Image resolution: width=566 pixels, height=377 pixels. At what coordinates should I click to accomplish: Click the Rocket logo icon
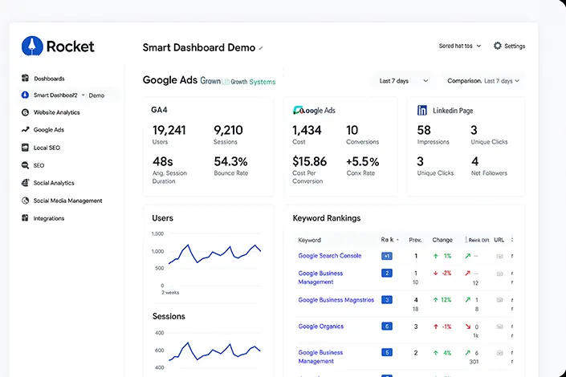click(31, 46)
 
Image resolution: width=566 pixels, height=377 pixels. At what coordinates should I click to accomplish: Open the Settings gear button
click(498, 46)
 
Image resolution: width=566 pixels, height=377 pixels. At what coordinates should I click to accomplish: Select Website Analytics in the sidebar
click(56, 112)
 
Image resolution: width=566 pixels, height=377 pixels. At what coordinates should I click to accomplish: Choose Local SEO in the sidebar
click(47, 148)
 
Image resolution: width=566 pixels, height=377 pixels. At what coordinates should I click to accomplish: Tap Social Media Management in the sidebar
click(67, 201)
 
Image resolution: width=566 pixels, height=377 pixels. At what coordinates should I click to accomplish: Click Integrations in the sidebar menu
click(49, 218)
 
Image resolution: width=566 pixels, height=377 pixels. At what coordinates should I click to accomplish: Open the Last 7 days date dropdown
click(399, 81)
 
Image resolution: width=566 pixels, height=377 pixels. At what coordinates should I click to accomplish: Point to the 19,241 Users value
click(169, 130)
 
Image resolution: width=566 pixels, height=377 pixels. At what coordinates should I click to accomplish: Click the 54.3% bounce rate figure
click(230, 161)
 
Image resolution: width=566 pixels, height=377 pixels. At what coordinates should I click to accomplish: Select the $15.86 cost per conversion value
click(309, 161)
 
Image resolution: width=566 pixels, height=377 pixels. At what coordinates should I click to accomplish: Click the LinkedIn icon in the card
click(422, 110)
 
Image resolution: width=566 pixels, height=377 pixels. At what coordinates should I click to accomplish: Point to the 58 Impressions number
click(424, 130)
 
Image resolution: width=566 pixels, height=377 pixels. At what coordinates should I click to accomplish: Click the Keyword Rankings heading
click(326, 218)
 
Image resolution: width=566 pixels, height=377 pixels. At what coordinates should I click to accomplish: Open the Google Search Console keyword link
click(329, 256)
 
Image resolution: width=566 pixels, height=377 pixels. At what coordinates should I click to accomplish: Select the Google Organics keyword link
click(320, 326)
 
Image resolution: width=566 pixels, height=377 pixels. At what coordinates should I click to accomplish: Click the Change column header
click(442, 240)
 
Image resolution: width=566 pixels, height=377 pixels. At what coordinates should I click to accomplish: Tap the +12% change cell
click(442, 300)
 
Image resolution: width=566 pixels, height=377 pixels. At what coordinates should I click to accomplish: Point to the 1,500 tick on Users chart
click(157, 233)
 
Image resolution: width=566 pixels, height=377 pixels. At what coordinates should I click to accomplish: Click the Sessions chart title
click(169, 317)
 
